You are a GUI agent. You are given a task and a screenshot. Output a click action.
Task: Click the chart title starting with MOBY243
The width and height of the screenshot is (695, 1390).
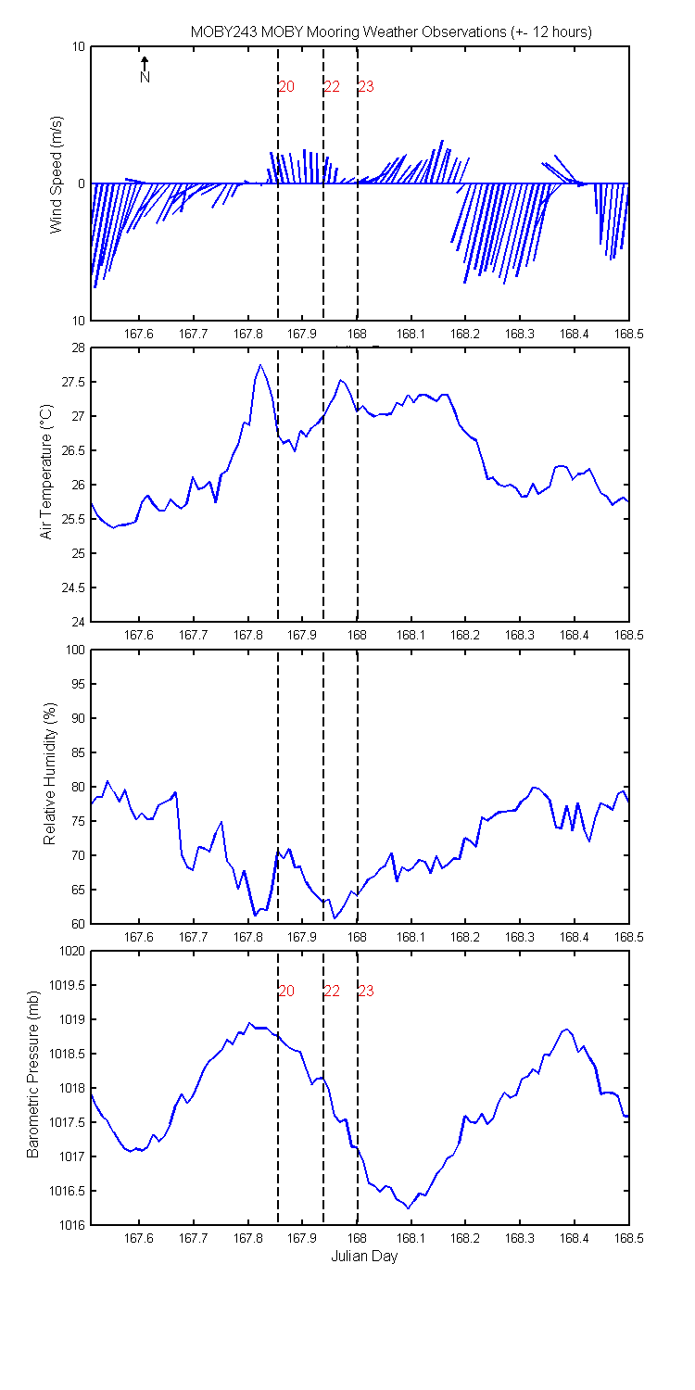pos(391,32)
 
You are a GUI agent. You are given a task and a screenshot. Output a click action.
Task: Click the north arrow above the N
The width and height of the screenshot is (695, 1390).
pos(145,63)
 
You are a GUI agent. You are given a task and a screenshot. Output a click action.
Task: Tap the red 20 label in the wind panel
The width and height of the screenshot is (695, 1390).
pos(286,87)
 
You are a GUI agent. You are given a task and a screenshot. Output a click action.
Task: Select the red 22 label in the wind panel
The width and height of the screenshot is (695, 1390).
pos(332,87)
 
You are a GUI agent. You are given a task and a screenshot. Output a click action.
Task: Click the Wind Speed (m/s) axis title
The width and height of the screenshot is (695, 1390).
pos(57,174)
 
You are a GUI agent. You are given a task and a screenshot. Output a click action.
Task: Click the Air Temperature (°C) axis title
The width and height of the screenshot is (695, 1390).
pos(46,472)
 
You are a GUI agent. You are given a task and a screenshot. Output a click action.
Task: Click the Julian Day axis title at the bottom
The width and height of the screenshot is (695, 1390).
pos(364,1269)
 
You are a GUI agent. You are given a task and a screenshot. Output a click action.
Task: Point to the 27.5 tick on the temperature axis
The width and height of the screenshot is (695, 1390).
pos(73,382)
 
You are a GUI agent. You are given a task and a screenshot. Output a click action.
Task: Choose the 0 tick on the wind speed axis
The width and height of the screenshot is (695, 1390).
pos(82,184)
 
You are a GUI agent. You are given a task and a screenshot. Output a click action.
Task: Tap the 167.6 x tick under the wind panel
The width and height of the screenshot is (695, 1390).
pos(138,335)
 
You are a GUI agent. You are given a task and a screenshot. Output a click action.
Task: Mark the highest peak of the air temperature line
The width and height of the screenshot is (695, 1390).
pos(260,365)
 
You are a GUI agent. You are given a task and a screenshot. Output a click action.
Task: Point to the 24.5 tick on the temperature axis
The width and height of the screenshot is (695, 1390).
pos(73,588)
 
